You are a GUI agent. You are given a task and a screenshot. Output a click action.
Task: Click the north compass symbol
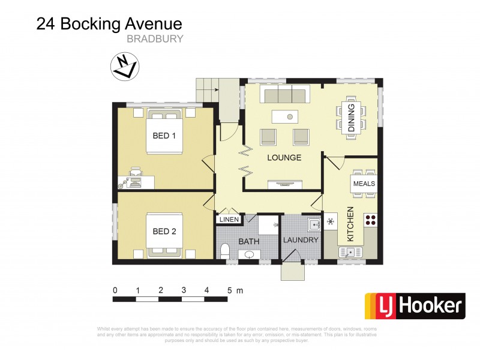125,66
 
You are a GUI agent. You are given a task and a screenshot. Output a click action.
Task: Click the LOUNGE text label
284,158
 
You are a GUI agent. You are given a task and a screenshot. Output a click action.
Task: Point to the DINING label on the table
352,117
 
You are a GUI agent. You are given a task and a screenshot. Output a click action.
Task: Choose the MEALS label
364,184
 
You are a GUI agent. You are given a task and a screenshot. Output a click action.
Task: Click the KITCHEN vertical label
350,224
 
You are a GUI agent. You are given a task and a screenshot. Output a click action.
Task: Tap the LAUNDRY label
301,240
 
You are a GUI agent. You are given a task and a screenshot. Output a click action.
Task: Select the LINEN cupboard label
229,220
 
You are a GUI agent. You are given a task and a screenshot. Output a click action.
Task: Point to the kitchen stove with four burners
370,220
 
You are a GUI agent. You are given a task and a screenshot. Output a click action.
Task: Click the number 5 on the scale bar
229,290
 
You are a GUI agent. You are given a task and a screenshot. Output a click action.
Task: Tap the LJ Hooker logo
415,306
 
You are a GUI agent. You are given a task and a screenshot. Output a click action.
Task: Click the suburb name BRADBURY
155,38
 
